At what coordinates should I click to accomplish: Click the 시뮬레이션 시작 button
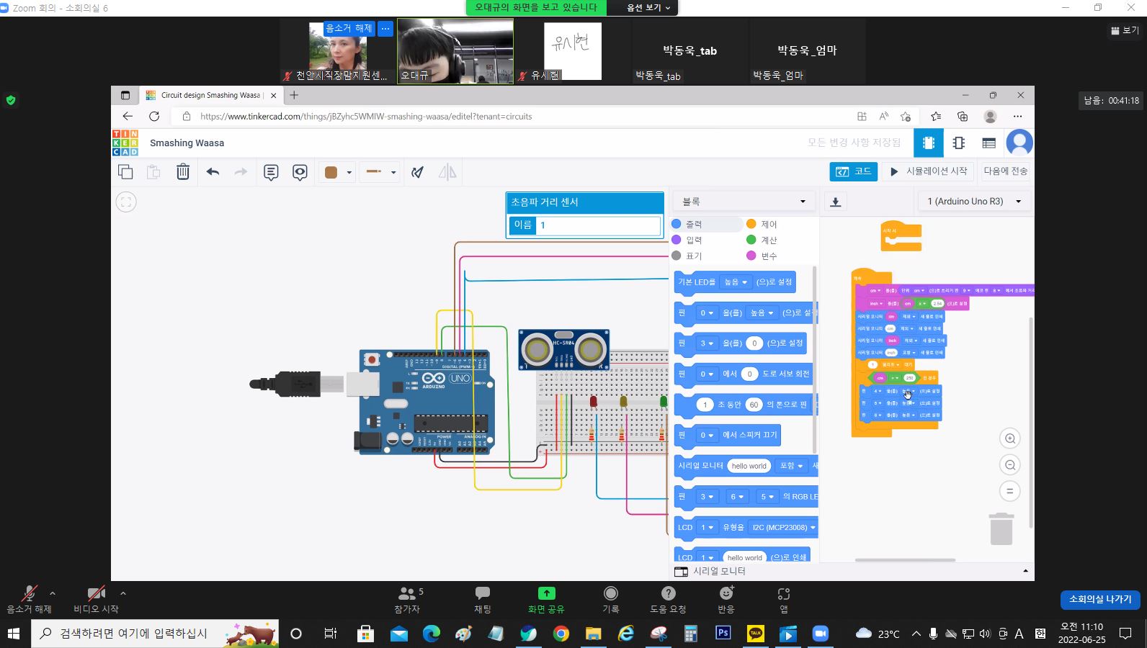929,171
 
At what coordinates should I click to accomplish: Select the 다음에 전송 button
1005,171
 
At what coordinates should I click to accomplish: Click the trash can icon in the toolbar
183,171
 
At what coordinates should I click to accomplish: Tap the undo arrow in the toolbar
213,171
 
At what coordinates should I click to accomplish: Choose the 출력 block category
693,224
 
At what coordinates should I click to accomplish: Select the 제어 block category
769,224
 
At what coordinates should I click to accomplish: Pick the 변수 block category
769,256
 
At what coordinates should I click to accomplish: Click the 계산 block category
769,240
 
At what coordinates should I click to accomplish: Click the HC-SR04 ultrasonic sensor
563,349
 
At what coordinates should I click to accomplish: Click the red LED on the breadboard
593,401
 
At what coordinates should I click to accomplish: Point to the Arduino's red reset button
372,359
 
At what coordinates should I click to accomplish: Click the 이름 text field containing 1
598,225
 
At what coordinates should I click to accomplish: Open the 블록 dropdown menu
744,202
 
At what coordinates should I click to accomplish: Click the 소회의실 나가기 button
1099,599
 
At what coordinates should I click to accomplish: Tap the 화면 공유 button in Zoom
546,600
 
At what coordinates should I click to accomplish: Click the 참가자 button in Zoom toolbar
408,600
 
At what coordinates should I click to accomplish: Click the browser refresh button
154,116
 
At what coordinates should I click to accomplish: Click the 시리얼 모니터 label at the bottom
718,571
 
